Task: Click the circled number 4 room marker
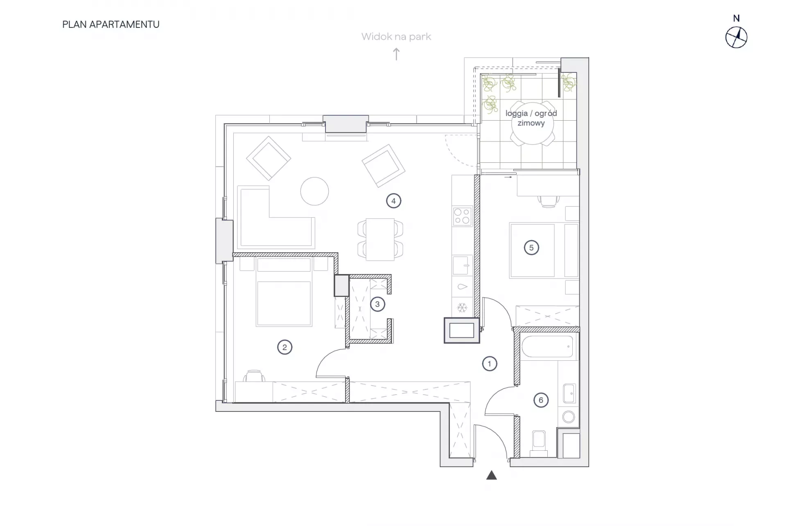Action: (x=393, y=201)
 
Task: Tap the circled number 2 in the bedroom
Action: (x=285, y=347)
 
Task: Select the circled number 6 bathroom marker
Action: (x=541, y=400)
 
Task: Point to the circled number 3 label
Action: (x=377, y=304)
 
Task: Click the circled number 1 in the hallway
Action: (x=489, y=364)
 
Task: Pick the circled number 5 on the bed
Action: (x=531, y=247)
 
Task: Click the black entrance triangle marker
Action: (x=492, y=475)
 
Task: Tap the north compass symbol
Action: (x=736, y=38)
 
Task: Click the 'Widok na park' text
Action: (x=396, y=37)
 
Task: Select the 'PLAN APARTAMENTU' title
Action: (x=111, y=25)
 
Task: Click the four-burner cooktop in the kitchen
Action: (x=462, y=216)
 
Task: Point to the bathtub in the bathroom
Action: (x=547, y=346)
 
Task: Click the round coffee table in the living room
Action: (x=314, y=191)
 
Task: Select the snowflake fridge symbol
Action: (x=462, y=308)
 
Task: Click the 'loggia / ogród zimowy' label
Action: (x=531, y=118)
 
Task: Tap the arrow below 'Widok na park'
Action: (x=396, y=54)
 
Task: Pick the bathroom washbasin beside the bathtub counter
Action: (x=569, y=393)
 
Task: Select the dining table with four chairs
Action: (x=380, y=239)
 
